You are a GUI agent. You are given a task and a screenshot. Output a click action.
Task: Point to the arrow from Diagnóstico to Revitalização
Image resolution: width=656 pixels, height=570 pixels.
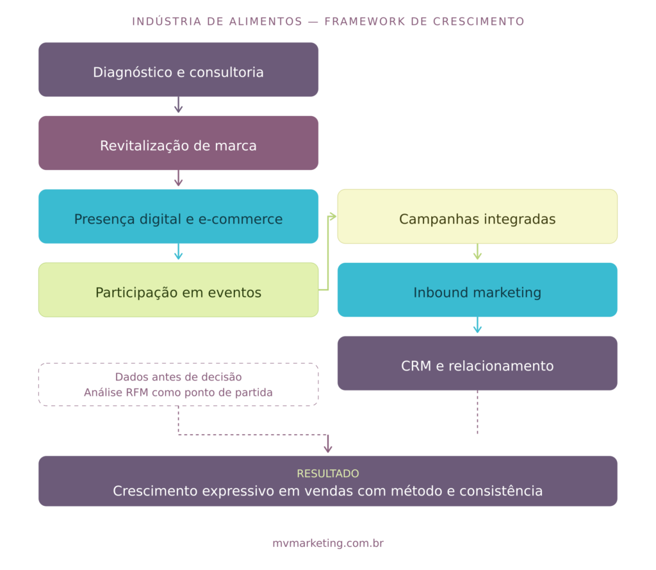click(x=178, y=106)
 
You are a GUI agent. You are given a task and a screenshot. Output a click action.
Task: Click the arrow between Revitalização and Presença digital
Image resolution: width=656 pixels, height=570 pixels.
click(x=178, y=180)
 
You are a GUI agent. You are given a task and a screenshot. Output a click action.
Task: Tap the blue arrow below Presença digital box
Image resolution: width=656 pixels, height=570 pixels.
click(x=178, y=253)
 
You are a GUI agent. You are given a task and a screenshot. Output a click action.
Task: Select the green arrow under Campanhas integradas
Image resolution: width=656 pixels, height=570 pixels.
click(x=477, y=253)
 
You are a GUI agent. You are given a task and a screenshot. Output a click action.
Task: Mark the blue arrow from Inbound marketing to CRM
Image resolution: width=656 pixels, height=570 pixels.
click(x=477, y=326)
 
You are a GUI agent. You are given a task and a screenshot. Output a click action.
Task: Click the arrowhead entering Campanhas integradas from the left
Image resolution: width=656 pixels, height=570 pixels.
click(x=332, y=217)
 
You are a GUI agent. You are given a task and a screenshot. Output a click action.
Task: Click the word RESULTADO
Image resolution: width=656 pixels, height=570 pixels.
click(x=328, y=474)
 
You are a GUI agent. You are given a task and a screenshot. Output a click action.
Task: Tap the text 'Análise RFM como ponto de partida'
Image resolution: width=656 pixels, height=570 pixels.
click(x=178, y=392)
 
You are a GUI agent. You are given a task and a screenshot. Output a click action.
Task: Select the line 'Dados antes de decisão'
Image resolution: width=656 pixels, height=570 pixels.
click(x=178, y=377)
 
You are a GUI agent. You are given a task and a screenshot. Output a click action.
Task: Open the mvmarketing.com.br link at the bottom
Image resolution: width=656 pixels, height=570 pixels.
click(x=328, y=543)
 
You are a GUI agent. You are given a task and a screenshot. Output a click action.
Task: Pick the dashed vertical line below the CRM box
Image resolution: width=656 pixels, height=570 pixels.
click(x=477, y=414)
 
